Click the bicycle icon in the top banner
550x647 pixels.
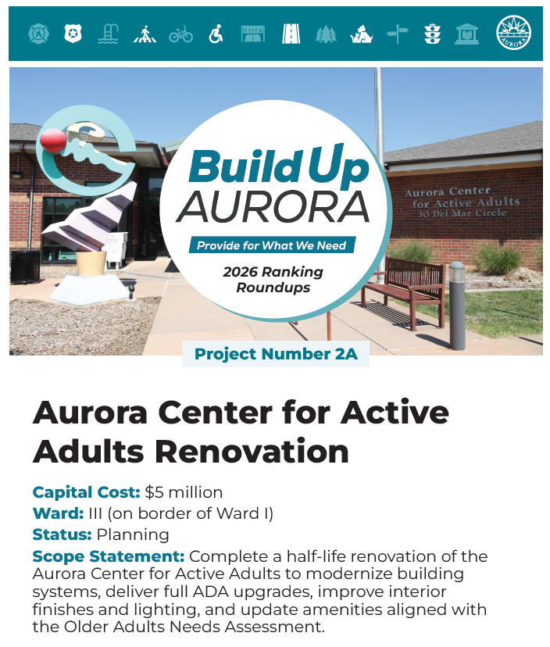tap(180, 34)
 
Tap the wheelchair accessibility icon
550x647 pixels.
tap(216, 34)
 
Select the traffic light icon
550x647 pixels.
tap(432, 34)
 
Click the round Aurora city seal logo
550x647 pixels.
tap(513, 33)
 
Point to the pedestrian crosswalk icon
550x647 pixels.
tap(145, 34)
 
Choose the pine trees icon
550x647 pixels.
tap(325, 34)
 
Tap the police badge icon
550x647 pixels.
tap(73, 34)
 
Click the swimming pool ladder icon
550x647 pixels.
tap(109, 34)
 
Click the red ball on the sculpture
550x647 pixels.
tap(54, 141)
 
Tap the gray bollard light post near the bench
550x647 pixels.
tap(457, 305)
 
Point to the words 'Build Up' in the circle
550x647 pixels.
tap(278, 166)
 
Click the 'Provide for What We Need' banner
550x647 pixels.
tap(271, 245)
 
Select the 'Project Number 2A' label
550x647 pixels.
tap(276, 354)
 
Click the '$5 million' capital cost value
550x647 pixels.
tap(184, 492)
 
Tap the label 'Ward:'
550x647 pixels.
tap(58, 513)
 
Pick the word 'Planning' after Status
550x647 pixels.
tap(133, 534)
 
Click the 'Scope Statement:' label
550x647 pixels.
tap(109, 556)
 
